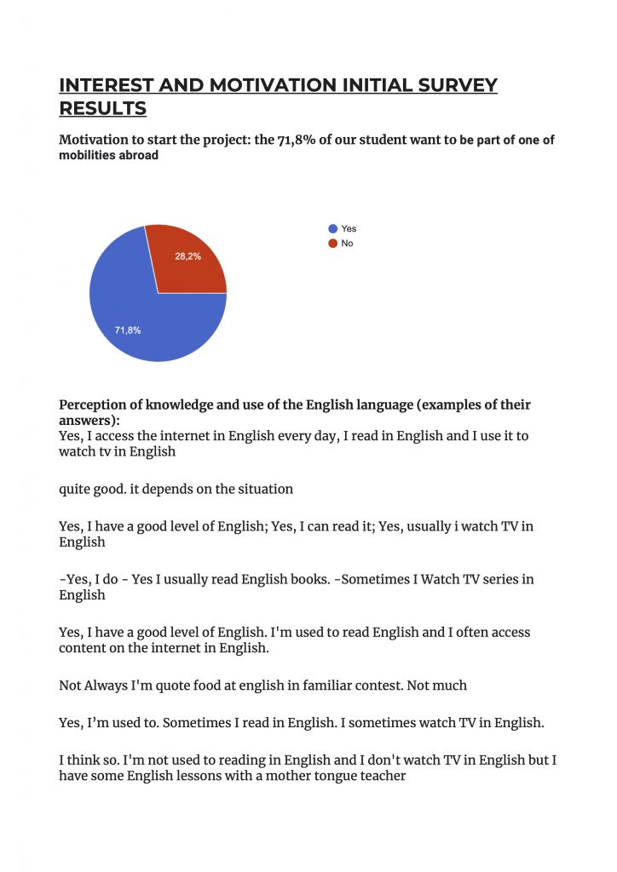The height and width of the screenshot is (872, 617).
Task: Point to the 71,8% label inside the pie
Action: [128, 330]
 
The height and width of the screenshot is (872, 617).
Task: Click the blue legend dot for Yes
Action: [332, 229]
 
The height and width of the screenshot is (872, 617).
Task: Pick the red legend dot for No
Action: [332, 244]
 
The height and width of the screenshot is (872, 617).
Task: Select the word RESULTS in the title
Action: [102, 108]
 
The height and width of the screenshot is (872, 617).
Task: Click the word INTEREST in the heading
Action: [107, 85]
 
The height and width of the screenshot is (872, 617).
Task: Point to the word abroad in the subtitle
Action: [141, 155]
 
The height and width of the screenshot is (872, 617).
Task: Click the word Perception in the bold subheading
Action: [93, 404]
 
